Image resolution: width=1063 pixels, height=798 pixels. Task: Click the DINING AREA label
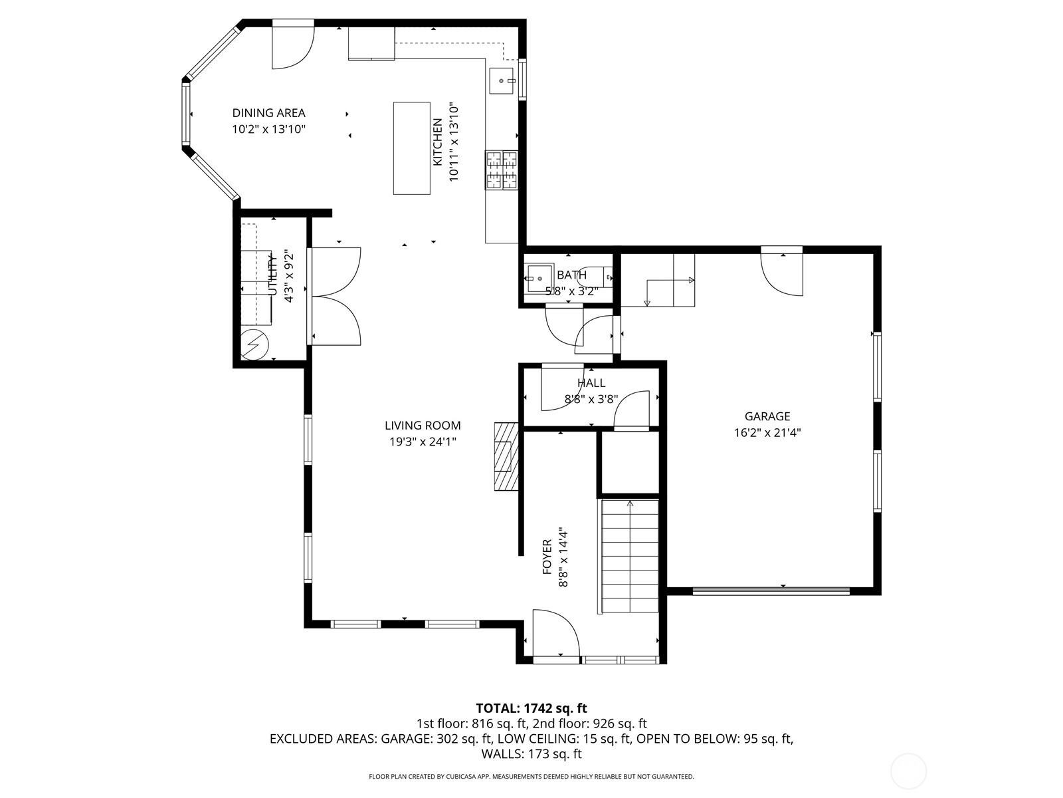click(269, 113)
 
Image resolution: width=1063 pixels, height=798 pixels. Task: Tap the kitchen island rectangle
click(412, 148)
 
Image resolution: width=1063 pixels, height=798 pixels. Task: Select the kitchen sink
click(501, 81)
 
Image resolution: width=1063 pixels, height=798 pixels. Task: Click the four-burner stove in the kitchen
click(502, 170)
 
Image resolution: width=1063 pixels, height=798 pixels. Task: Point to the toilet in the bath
click(596, 277)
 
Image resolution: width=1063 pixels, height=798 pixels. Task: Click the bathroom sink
click(539, 278)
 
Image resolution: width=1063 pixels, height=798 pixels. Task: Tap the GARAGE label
click(767, 416)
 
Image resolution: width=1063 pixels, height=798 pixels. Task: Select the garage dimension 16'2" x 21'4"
click(767, 433)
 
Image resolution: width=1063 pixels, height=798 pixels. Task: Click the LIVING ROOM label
click(423, 426)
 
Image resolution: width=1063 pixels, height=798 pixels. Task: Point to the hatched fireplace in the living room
click(506, 456)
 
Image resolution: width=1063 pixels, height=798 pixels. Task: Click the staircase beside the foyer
click(629, 557)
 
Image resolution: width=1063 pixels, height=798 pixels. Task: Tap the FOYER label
click(547, 557)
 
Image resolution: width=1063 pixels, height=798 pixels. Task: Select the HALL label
click(591, 383)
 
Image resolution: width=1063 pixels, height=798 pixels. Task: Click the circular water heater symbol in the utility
click(254, 344)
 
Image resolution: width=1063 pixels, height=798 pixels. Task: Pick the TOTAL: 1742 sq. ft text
click(531, 708)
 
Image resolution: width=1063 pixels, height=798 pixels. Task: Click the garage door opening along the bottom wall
click(771, 591)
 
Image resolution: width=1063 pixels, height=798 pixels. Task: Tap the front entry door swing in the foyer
click(556, 633)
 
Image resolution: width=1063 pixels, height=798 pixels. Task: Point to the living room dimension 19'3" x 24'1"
click(423, 442)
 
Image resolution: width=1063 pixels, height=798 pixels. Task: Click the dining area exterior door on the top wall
click(294, 44)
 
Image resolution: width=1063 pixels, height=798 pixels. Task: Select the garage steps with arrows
click(658, 281)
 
